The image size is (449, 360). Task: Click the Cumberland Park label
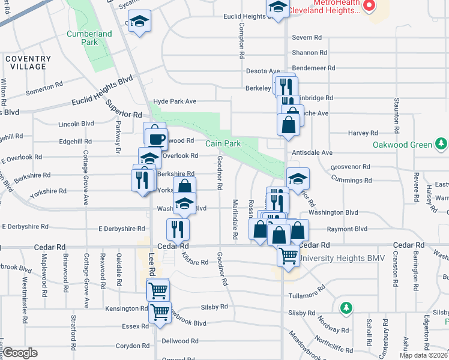pos(89,38)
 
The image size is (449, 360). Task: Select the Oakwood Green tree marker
pos(441,144)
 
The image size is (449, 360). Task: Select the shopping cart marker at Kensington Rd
pos(160,312)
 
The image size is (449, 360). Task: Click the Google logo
pos(20,353)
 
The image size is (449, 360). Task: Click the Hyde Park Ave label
pos(175,101)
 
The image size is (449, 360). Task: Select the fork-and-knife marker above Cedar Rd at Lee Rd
pos(178,228)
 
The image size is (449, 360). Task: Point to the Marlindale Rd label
pos(236,218)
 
